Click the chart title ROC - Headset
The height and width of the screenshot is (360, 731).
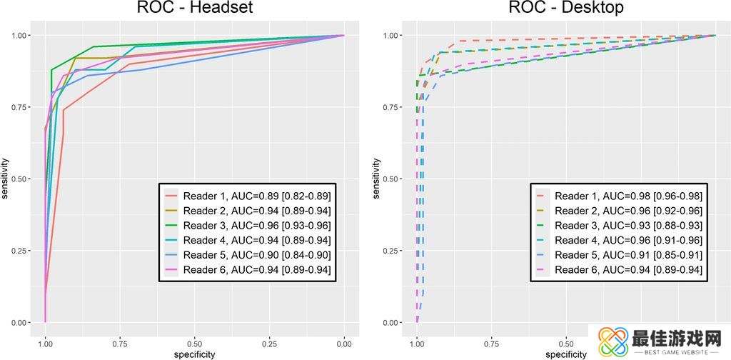(x=195, y=9)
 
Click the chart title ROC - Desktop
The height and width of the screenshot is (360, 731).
(x=566, y=9)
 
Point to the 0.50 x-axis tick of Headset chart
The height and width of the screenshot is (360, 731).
(x=194, y=343)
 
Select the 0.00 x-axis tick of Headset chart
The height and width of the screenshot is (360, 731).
(x=344, y=343)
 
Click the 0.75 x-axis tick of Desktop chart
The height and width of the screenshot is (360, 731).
(x=491, y=343)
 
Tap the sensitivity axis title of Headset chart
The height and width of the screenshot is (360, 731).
(x=6, y=179)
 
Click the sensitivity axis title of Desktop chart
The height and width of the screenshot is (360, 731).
(x=377, y=179)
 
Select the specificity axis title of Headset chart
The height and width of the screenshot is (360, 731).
(x=195, y=354)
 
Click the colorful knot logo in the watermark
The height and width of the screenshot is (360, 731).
(x=612, y=342)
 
